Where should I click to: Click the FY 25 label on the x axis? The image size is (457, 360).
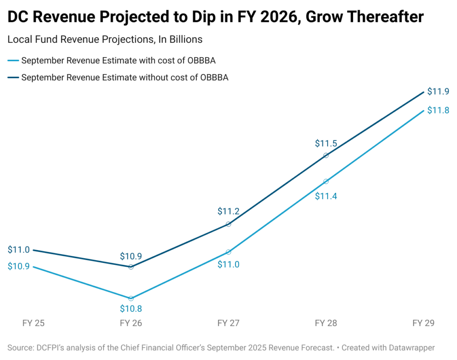tap(33, 322)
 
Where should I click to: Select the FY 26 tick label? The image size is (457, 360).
tap(131, 322)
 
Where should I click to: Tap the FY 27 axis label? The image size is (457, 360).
tap(228, 322)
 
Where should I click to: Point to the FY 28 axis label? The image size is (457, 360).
tap(326, 322)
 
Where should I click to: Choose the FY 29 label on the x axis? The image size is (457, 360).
tap(423, 322)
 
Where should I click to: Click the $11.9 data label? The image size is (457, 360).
tap(438, 92)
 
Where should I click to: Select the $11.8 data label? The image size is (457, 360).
tap(438, 110)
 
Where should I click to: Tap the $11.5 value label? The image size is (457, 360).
tap(326, 144)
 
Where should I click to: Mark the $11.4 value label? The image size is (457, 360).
tap(326, 196)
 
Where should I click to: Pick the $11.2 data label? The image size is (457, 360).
tap(228, 211)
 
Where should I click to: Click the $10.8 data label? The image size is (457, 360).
tap(131, 308)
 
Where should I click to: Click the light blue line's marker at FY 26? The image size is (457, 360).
tap(131, 298)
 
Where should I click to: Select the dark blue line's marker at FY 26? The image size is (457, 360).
tap(131, 267)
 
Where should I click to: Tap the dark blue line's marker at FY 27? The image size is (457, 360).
tap(228, 224)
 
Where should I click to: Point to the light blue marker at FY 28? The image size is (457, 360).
tap(326, 181)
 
